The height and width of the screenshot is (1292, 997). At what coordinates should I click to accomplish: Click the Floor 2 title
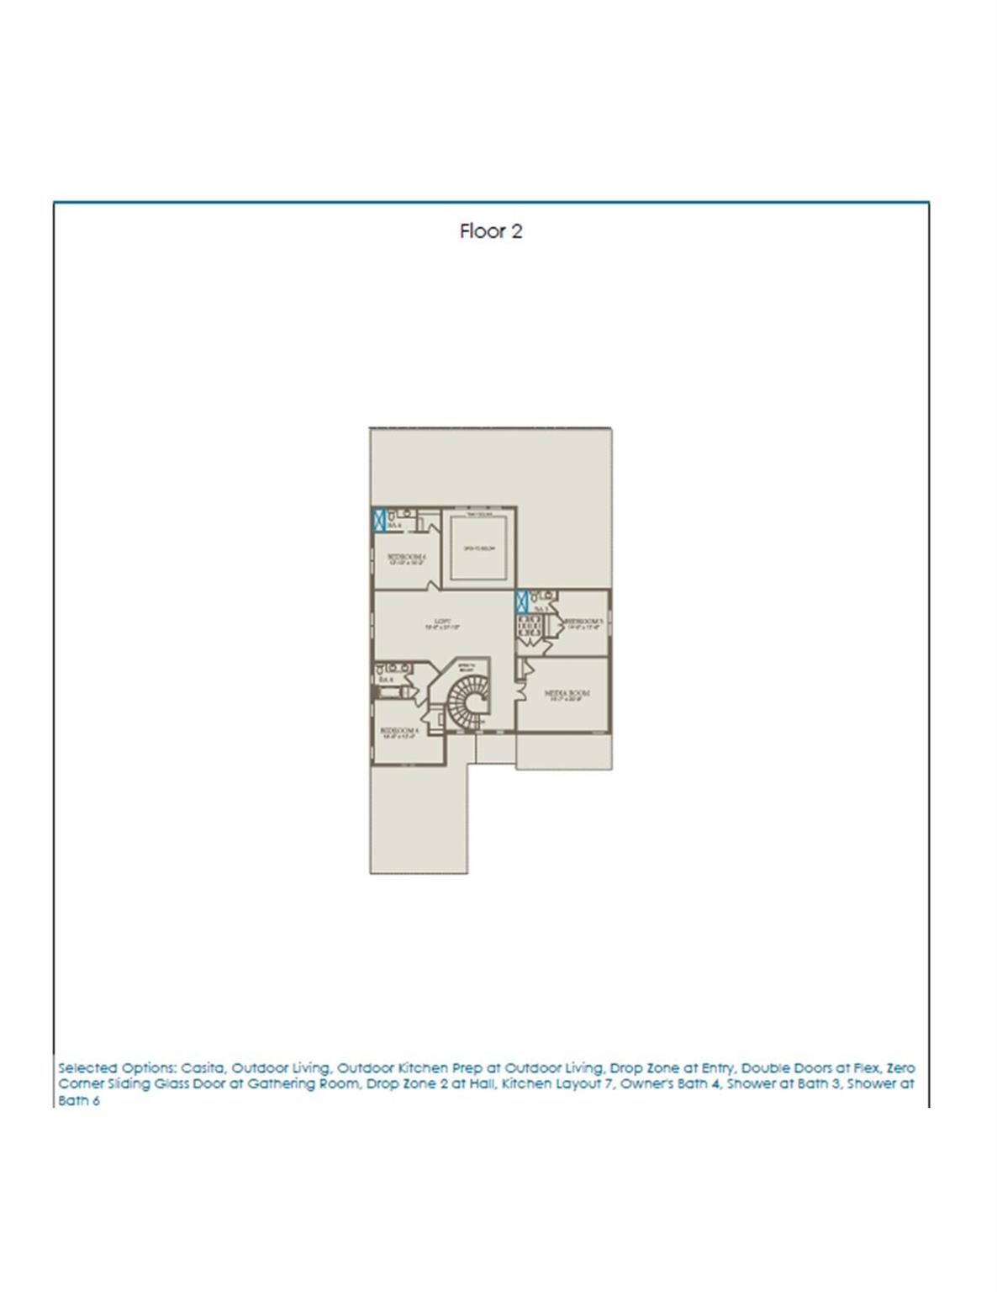click(x=491, y=231)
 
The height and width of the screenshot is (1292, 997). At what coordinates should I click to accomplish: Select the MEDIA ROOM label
click(x=567, y=695)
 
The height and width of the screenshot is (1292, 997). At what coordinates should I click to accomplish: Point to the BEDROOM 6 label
click(x=407, y=558)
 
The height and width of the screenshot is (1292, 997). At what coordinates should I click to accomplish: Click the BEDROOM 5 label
click(x=583, y=622)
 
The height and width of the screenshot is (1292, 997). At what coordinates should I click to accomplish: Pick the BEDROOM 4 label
click(x=399, y=731)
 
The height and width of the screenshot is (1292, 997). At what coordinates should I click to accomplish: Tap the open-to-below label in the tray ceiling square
click(x=479, y=548)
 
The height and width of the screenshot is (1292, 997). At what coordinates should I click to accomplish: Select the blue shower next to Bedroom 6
click(x=379, y=519)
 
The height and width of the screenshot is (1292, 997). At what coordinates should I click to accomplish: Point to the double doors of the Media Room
click(x=521, y=669)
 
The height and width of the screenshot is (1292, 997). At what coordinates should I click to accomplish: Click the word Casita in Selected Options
click(x=202, y=1067)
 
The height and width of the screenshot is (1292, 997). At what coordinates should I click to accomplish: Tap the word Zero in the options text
click(x=901, y=1067)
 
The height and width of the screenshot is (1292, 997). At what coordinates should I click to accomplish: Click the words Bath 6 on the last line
click(x=79, y=1100)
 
